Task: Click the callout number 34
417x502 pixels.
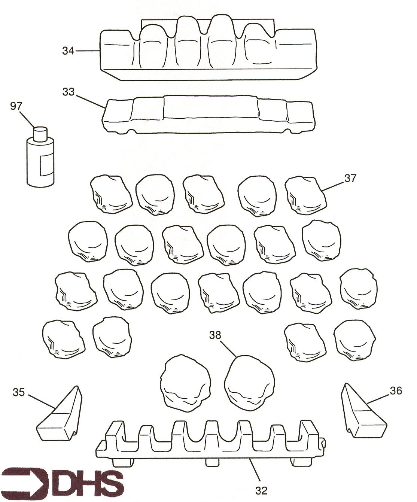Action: click(x=68, y=51)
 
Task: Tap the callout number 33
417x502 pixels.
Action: click(x=69, y=92)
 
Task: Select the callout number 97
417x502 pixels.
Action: click(x=16, y=106)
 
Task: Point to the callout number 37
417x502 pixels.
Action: click(x=350, y=179)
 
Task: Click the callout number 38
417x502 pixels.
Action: click(x=215, y=335)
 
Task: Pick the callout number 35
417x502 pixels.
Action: click(x=19, y=392)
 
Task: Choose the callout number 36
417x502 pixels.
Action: click(x=396, y=391)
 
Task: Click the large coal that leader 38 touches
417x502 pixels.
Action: click(x=249, y=384)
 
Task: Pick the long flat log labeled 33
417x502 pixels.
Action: click(x=208, y=115)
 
